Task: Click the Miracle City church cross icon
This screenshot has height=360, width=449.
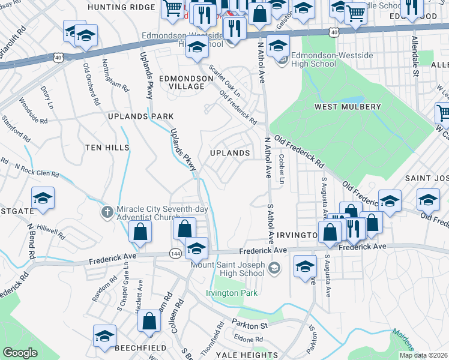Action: click(x=107, y=211)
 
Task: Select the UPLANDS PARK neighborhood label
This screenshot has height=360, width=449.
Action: click(x=140, y=116)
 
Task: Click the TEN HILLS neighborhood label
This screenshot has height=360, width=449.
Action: click(x=107, y=147)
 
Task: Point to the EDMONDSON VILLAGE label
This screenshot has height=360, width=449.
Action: click(x=182, y=82)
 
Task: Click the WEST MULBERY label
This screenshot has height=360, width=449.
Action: click(x=348, y=107)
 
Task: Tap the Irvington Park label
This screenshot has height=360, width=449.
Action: click(x=232, y=293)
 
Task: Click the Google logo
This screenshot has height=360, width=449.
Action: click(x=20, y=353)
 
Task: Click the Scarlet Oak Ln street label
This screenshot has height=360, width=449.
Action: click(x=224, y=78)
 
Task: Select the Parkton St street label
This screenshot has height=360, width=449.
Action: click(x=250, y=325)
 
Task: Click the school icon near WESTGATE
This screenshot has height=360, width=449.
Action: click(x=43, y=198)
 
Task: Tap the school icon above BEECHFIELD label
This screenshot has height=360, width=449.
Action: click(x=104, y=336)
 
